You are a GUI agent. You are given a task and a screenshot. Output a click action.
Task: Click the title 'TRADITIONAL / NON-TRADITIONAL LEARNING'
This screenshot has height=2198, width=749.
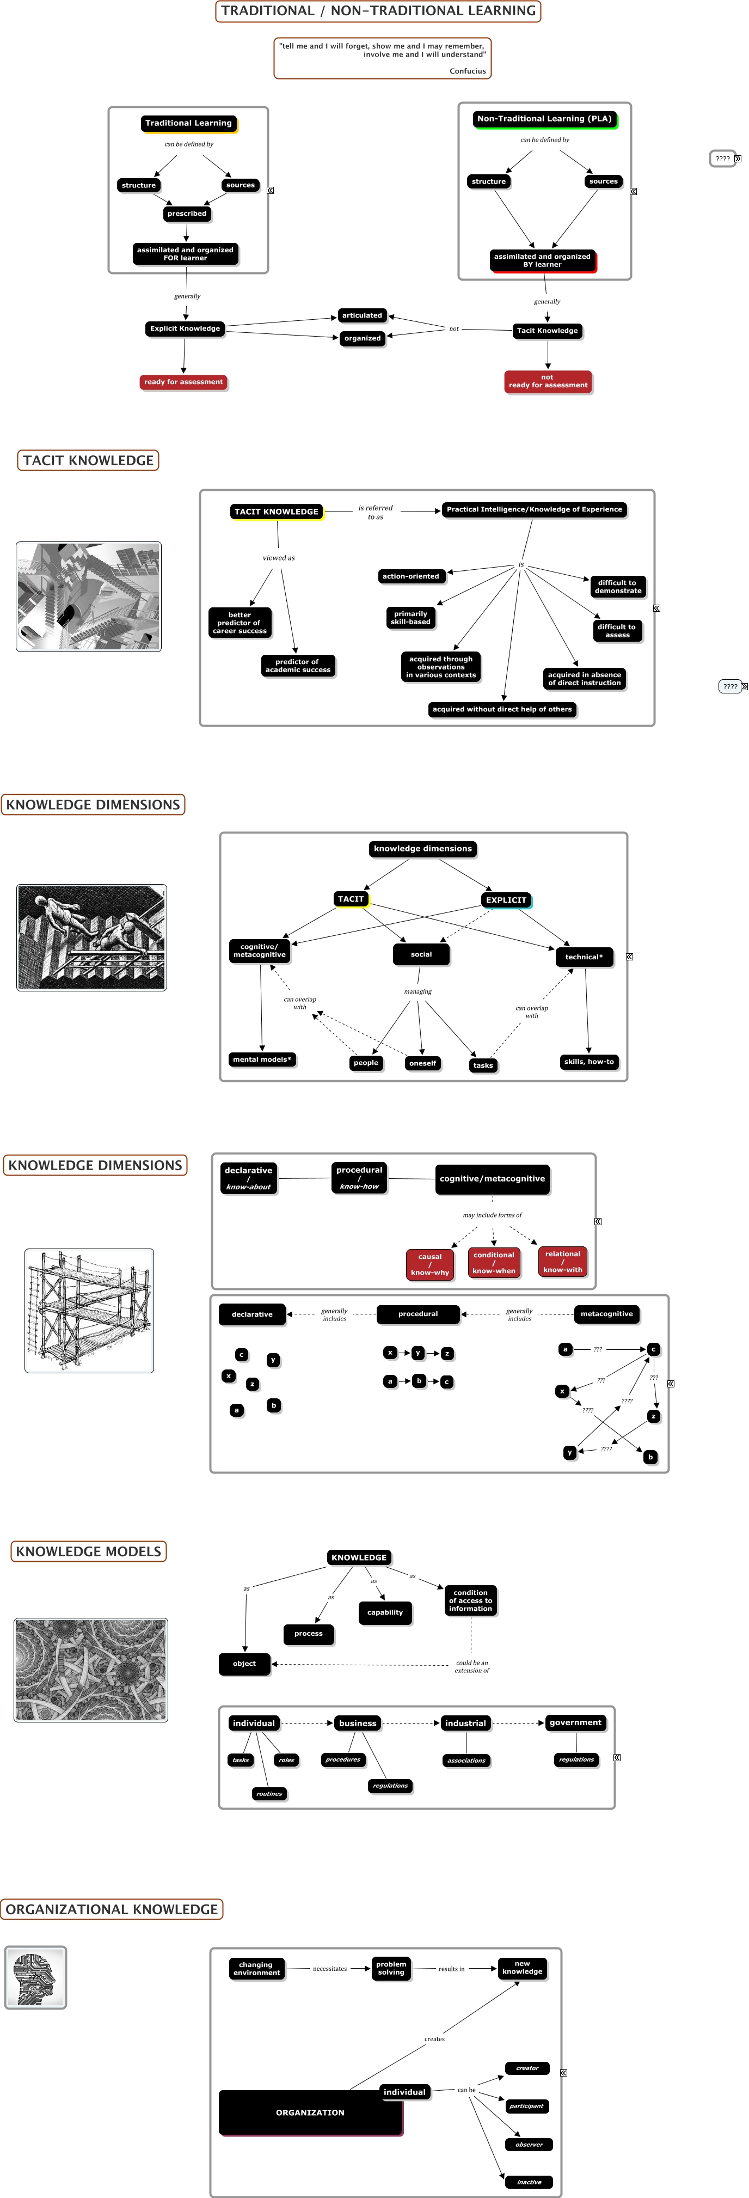click(378, 11)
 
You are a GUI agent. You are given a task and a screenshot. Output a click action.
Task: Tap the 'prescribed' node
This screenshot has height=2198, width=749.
click(187, 214)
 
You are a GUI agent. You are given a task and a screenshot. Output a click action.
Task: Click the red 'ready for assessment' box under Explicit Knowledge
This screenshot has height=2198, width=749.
click(183, 382)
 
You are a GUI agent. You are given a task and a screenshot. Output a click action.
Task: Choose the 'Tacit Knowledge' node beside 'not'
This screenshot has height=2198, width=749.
click(547, 331)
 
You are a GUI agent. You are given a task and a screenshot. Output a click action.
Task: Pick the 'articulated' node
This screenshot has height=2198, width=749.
click(361, 316)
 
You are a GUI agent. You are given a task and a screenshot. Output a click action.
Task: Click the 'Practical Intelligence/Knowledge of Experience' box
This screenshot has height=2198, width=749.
click(534, 509)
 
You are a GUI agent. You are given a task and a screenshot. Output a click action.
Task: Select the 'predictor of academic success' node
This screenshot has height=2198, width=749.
click(298, 666)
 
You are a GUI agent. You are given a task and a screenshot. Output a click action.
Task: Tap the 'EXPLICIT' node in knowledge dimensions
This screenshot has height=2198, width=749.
click(506, 900)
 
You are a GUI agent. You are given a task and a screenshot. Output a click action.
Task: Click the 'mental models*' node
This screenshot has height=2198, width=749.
click(262, 1060)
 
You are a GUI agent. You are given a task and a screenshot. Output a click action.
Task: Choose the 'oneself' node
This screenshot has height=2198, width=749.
click(422, 1063)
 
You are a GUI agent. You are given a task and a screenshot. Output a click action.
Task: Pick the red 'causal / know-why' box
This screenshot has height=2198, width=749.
click(430, 1264)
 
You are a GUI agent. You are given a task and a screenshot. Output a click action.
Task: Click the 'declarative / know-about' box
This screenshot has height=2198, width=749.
click(248, 1178)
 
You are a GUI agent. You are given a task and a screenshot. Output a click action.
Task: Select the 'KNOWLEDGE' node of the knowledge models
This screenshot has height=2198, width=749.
click(359, 1557)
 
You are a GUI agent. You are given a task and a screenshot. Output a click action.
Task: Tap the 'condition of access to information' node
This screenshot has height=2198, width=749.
click(470, 1601)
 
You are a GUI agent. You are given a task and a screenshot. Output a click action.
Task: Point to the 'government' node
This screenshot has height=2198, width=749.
click(576, 1723)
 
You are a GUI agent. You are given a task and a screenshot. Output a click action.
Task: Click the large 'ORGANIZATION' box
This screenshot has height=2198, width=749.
click(310, 2112)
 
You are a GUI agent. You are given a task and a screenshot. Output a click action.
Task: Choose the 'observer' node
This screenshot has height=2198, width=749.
click(529, 2144)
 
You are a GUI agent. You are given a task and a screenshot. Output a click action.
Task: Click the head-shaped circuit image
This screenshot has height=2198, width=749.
click(36, 1977)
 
